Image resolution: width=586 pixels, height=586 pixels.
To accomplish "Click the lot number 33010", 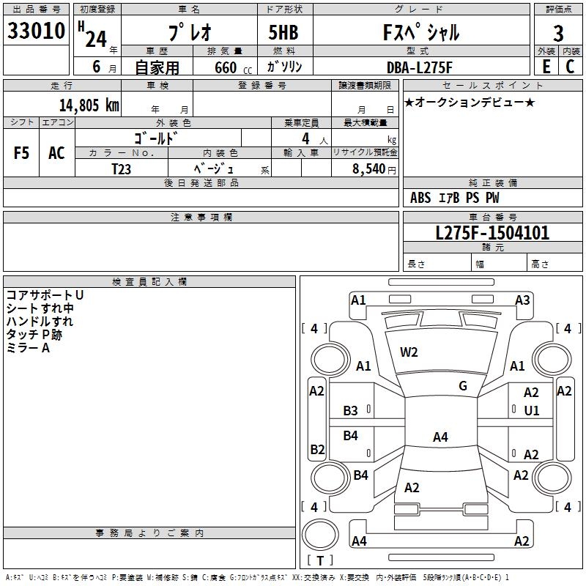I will (36, 31).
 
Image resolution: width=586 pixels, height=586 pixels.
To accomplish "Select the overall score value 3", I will (557, 33).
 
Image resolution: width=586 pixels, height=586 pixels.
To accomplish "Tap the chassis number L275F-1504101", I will (492, 233).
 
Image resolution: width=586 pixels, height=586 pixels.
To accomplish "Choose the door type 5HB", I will (283, 33).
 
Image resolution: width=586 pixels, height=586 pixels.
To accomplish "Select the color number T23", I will (122, 168).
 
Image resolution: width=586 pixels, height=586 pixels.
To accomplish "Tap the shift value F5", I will (21, 153).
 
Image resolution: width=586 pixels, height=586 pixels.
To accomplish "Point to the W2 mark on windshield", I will (409, 352).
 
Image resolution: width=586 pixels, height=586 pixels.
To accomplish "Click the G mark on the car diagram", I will (463, 386).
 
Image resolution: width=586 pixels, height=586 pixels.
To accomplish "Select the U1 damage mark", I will (532, 411).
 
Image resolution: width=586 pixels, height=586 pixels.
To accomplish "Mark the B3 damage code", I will (351, 411).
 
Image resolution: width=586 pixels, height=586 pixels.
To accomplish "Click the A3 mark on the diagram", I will (522, 300).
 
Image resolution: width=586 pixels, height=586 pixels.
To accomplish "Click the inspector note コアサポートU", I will (45, 294).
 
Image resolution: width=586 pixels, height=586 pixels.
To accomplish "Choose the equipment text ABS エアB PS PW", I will (456, 198).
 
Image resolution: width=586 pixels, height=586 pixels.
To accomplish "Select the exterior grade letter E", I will (546, 66).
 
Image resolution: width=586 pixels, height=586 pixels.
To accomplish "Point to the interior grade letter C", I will (570, 66).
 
